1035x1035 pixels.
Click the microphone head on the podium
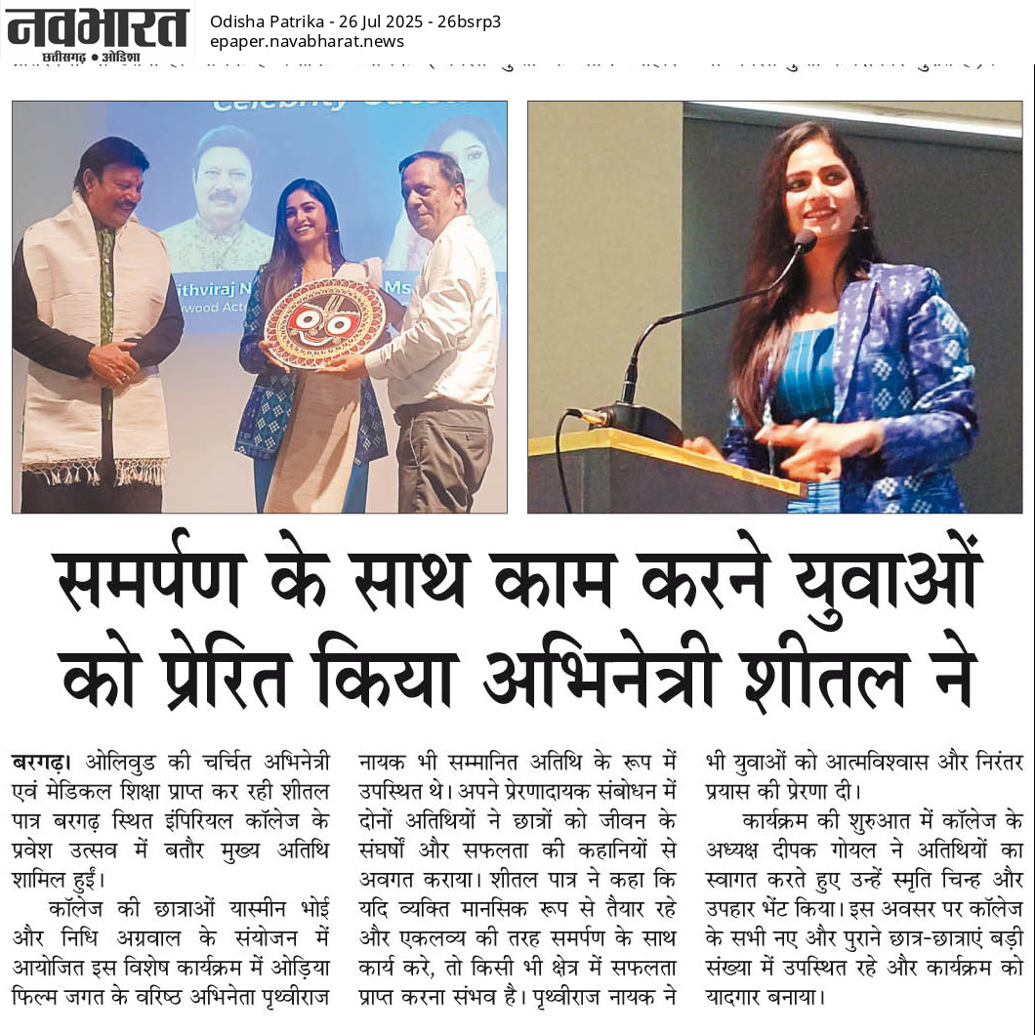point(805,240)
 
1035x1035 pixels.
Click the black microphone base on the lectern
point(640,421)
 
